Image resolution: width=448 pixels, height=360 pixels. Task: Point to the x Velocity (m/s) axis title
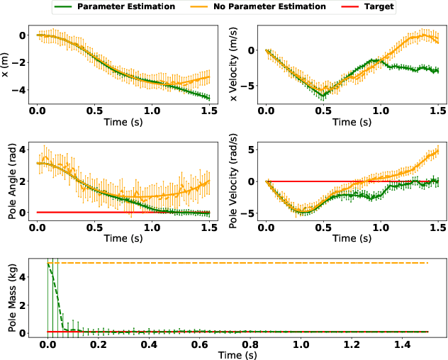point(235,66)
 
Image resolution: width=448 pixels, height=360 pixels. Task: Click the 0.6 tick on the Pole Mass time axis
point(200,343)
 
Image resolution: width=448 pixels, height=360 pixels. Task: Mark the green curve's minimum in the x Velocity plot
point(323,96)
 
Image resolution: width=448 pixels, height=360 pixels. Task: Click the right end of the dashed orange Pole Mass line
point(428,263)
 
